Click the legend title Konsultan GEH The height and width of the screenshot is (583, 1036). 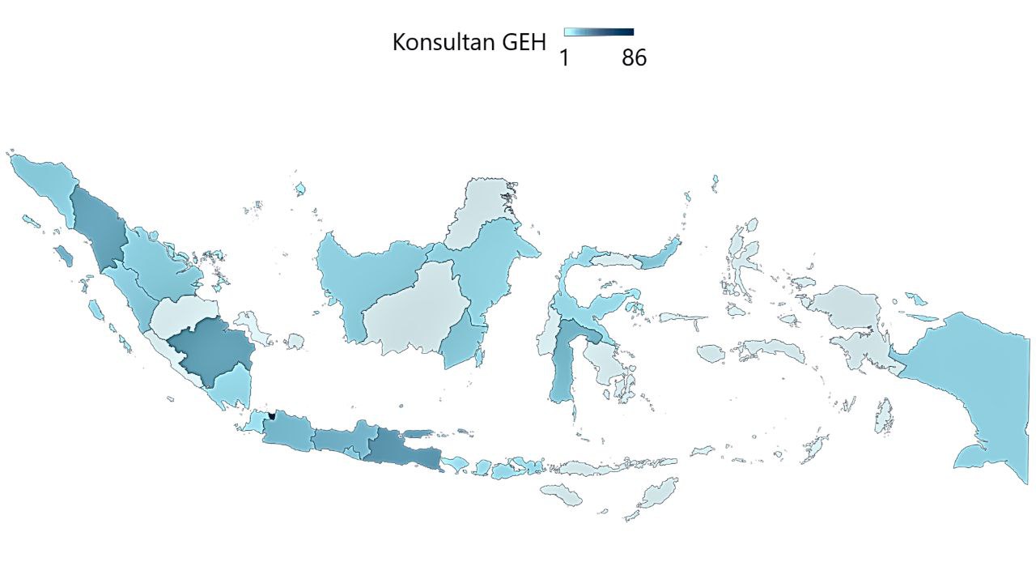[x=469, y=42]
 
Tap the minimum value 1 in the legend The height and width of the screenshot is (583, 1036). [x=564, y=58]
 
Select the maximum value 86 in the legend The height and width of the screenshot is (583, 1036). [x=634, y=58]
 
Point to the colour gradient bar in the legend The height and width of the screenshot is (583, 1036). [x=598, y=32]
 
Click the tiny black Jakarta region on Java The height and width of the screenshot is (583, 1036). [x=272, y=415]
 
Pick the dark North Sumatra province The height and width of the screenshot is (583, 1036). [x=97, y=227]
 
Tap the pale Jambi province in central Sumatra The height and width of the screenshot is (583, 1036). [x=182, y=316]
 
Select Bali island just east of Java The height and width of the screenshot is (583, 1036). [x=456, y=464]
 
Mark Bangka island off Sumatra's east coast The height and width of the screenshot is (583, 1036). [x=259, y=328]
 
